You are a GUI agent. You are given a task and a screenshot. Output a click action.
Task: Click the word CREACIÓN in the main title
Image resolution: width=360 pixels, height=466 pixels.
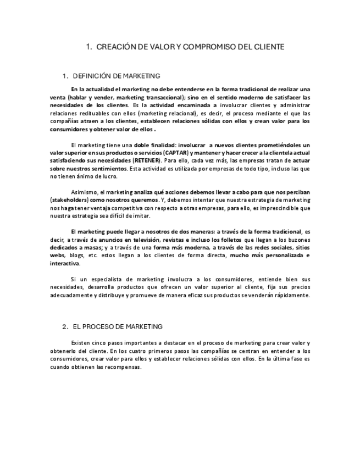tap(115, 47)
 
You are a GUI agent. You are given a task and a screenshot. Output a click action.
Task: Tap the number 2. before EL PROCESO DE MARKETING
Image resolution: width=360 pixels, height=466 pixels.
tap(65, 326)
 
